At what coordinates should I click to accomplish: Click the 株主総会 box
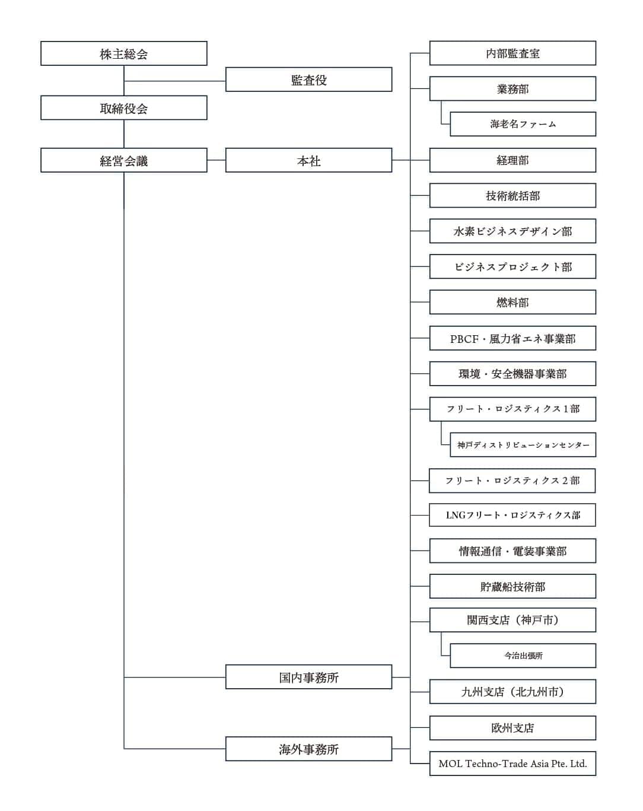[x=123, y=53]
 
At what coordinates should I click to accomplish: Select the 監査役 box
[x=308, y=79]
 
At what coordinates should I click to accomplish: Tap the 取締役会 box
[x=123, y=108]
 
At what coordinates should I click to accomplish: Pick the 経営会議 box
[x=123, y=160]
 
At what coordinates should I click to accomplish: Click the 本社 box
[x=308, y=160]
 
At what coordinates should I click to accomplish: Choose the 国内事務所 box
[x=308, y=677]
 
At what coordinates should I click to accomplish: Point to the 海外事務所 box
[x=308, y=749]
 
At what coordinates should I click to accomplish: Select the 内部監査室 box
[x=513, y=53]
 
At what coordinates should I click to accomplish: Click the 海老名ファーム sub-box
[x=523, y=124]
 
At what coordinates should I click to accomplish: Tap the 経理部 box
[x=513, y=160]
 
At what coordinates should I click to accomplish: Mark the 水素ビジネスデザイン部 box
[x=513, y=231]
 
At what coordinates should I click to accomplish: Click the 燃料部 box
[x=513, y=302]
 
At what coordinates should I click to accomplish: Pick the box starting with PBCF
[x=513, y=338]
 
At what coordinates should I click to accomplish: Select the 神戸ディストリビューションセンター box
[x=523, y=445]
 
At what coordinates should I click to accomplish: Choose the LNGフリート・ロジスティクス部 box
[x=513, y=515]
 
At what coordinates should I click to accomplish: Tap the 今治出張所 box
[x=523, y=656]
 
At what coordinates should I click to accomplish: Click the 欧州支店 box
[x=513, y=728]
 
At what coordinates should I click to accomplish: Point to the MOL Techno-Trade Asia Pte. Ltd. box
[x=513, y=764]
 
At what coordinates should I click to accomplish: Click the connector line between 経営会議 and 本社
[x=217, y=160]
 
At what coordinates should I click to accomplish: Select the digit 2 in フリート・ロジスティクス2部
[x=565, y=481]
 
